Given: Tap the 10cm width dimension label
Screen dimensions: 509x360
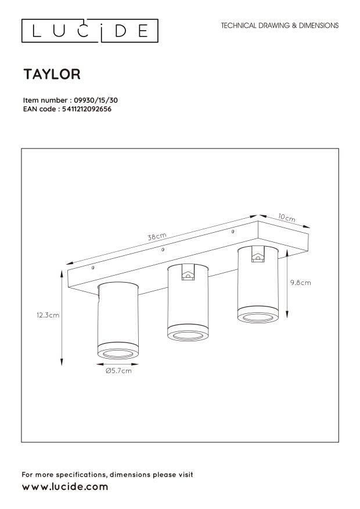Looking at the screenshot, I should tap(286, 218).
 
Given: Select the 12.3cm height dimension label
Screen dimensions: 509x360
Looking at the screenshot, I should tap(48, 315).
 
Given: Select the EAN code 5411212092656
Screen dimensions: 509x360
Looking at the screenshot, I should tap(86, 107).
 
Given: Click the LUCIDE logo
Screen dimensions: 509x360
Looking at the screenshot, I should tap(90, 31).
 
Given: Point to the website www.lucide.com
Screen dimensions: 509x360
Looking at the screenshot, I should tap(65, 487).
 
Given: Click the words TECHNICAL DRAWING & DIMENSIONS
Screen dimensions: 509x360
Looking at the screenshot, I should tap(280, 26).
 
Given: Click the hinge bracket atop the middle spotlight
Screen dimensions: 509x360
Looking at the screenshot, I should tap(187, 274).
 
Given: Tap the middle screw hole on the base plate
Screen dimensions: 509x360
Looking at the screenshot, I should tap(163, 250).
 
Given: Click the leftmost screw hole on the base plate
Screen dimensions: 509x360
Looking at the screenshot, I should tap(93, 269).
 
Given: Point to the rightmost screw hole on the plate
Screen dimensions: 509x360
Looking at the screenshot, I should tap(232, 232).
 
